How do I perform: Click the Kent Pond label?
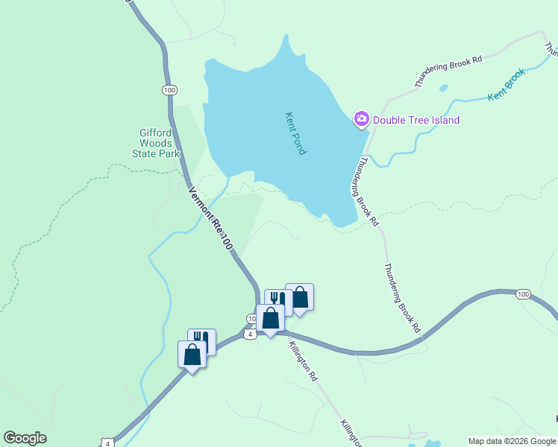tap(296, 133)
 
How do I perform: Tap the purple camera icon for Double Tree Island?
tap(362, 119)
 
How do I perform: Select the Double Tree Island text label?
tap(416, 120)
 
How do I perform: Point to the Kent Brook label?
tap(507, 86)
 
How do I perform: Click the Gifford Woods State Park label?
tap(155, 143)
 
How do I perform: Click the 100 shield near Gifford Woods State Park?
tap(169, 90)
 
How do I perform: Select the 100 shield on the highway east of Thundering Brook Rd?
tap(523, 294)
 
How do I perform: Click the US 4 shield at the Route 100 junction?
tap(251, 334)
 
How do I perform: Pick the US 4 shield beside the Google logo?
tap(107, 443)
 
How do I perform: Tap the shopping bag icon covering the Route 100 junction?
tap(270, 318)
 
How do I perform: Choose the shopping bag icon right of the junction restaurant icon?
tap(299, 297)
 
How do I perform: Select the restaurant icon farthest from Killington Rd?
tap(201, 340)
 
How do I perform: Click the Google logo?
tap(25, 438)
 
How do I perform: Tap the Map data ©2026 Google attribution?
tap(512, 441)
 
